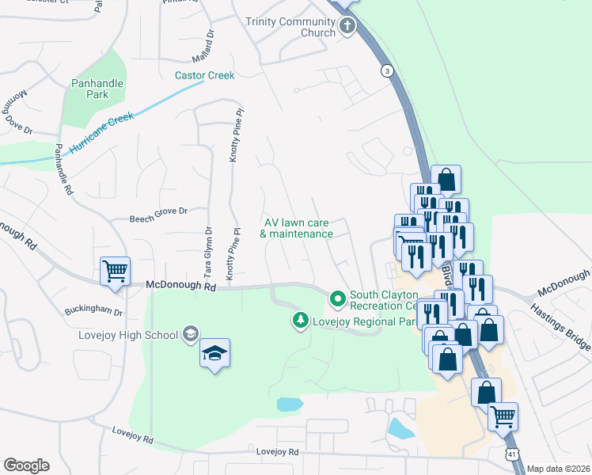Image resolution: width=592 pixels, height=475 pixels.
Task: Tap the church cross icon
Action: point(347,28)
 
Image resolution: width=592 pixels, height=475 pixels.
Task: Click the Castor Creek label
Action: point(204,76)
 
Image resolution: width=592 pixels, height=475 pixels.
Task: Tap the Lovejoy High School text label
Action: point(127,335)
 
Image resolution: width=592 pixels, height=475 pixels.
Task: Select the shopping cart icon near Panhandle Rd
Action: point(115,271)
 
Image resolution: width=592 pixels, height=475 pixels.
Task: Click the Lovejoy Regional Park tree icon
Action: point(300,321)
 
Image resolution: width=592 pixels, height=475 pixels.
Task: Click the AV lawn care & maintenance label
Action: point(296,228)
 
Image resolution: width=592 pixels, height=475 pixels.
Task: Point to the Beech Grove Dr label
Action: point(158,211)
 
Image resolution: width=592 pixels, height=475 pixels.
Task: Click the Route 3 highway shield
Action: point(386,71)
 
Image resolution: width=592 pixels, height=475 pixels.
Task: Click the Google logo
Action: point(26,465)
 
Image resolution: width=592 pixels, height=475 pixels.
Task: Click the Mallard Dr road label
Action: point(203,46)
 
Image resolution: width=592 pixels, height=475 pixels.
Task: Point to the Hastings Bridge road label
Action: point(560,325)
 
